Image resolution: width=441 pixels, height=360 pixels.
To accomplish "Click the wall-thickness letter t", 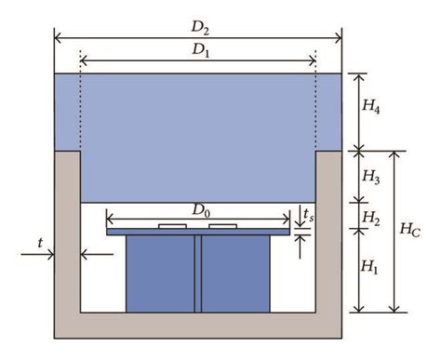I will (x=40, y=243).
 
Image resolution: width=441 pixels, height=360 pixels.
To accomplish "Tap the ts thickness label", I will (x=310, y=216).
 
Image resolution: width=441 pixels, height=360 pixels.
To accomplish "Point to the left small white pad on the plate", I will (x=170, y=226).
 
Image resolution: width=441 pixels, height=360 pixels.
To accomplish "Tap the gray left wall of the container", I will (x=69, y=233).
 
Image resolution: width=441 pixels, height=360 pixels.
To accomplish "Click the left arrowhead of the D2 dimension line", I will (x=59, y=37).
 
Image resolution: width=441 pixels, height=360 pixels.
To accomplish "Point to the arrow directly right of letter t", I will (x=88, y=251).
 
